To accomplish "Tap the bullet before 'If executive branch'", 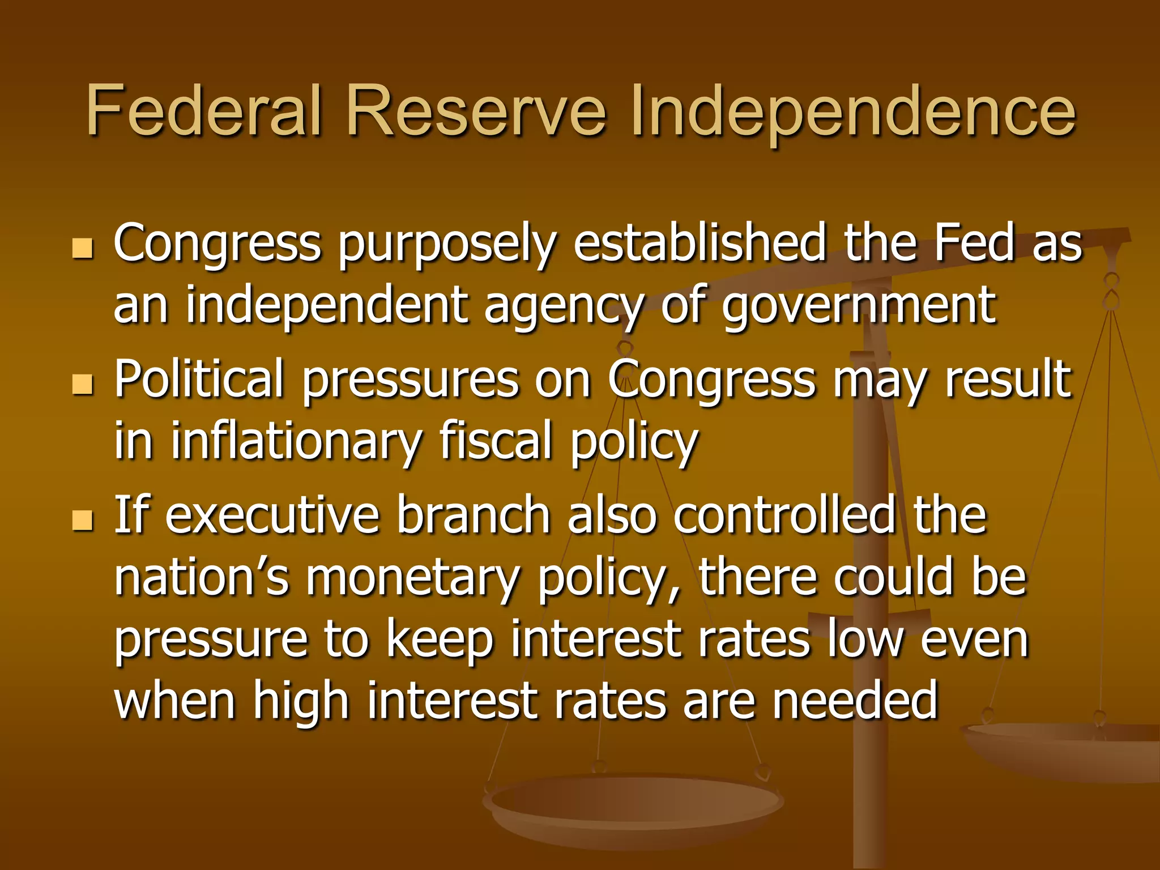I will (x=83, y=520).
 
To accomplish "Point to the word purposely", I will (x=447, y=245).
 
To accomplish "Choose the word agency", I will (x=563, y=307).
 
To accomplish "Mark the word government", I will (x=859, y=307).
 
